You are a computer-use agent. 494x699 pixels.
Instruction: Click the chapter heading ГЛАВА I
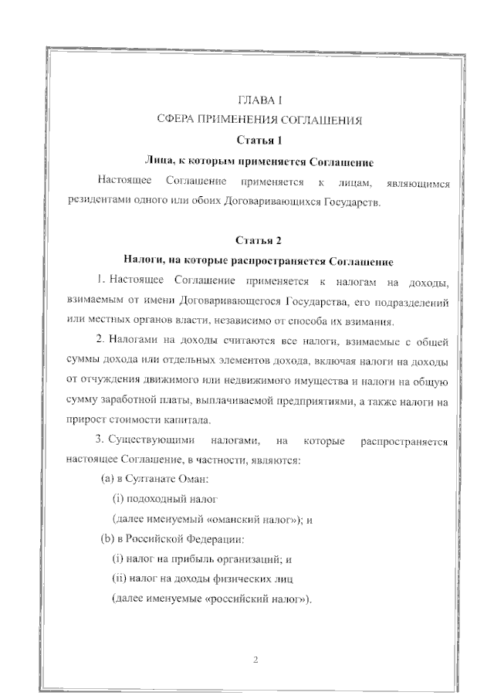259,100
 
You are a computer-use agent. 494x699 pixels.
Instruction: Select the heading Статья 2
259,240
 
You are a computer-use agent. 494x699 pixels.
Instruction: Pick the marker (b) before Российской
107,538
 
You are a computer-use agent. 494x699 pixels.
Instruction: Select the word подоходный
157,499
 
